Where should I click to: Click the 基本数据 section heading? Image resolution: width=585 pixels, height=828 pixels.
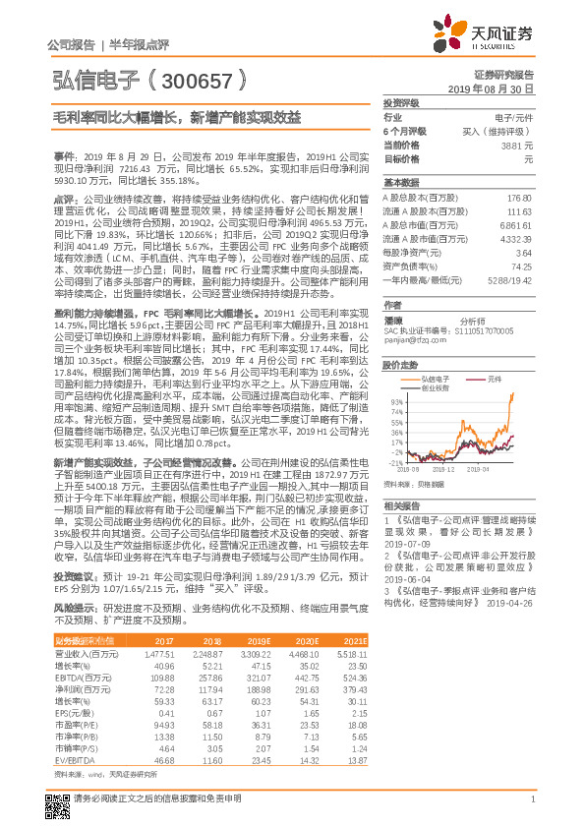point(401,183)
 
